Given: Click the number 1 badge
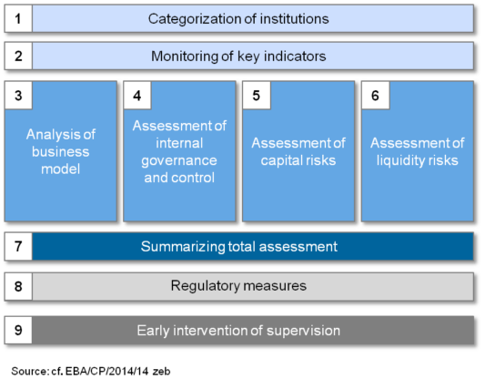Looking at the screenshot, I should coord(18,18).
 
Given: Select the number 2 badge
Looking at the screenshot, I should coord(18,56).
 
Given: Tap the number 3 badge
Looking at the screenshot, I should coord(18,95).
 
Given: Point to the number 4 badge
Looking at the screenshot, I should coord(137,95).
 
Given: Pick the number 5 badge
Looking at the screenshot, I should coord(256,95).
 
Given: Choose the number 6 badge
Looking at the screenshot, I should coord(375,95).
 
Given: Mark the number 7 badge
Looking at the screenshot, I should coord(18,246).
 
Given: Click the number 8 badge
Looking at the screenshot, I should coord(18,286).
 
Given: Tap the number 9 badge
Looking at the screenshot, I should coord(18,330).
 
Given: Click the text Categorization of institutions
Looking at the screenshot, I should coord(238,18).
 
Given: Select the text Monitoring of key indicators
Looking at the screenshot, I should coord(238,56).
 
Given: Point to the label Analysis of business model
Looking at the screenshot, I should coord(60,151).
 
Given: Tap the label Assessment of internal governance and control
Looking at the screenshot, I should coord(179,151).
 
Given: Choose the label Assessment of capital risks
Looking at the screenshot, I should coord(298,151).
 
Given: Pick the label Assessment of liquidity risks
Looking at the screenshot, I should coord(417,151).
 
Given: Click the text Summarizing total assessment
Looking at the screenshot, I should coord(238,246).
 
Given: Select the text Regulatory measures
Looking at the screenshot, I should coord(238,286).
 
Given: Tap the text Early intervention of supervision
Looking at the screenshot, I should coord(238,330).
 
